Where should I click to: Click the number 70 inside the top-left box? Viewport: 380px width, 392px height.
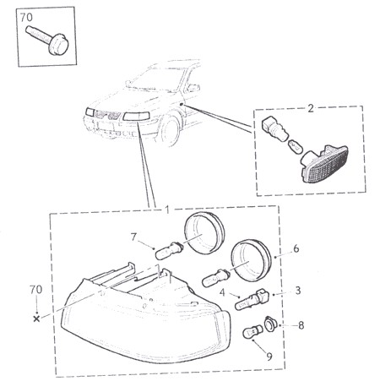tap(26, 18)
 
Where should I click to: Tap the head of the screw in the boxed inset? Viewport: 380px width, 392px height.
tap(58, 45)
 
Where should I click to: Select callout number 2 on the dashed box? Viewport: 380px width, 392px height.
tap(311, 108)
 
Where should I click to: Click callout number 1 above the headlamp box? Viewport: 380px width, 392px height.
tap(167, 210)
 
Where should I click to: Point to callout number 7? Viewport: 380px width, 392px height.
tap(133, 237)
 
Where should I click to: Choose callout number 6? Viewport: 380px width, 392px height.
tap(296, 248)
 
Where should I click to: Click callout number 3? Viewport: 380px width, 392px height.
tap(298, 291)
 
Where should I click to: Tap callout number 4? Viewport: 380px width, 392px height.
tap(222, 292)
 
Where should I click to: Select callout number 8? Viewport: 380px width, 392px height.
tap(301, 325)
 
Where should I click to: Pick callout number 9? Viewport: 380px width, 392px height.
tap(269, 357)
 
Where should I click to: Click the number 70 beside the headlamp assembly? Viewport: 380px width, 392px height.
tap(35, 290)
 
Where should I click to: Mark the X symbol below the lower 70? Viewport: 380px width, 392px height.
tap(36, 318)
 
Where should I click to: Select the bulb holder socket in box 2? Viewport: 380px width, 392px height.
tap(274, 129)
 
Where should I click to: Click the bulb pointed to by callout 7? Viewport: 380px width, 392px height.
tap(170, 249)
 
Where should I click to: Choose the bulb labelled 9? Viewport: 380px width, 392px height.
tap(252, 332)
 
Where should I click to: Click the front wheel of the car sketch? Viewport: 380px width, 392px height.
tap(171, 131)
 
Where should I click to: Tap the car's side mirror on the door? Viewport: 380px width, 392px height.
tap(193, 88)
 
